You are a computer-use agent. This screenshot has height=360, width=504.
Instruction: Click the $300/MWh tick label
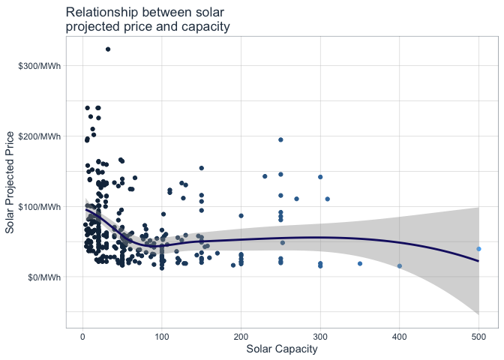point(40,66)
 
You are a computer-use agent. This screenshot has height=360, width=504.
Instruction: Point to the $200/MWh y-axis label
point(40,136)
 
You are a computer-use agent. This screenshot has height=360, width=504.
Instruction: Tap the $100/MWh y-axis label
point(40,206)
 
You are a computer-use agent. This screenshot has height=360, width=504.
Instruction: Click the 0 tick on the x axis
point(82,337)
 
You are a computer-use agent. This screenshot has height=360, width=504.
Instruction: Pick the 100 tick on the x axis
point(162,337)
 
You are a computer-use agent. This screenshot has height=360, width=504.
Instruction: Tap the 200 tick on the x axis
point(241,337)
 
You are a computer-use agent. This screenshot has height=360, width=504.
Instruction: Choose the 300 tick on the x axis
point(320,337)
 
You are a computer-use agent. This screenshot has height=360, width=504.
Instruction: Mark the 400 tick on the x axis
point(400,337)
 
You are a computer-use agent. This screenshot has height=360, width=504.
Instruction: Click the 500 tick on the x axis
point(478,337)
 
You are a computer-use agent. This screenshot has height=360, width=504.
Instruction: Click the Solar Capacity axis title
point(280,349)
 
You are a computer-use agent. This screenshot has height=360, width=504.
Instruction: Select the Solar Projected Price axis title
point(10,181)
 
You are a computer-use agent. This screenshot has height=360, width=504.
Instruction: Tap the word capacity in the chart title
point(202,27)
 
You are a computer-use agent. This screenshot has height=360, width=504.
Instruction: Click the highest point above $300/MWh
point(108,49)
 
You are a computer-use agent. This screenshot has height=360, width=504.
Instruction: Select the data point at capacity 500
point(478,249)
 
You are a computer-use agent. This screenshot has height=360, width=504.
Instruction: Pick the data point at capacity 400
point(400,265)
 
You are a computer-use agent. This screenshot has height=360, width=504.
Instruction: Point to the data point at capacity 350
point(360,263)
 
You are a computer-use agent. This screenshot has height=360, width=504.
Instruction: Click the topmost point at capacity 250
point(280,139)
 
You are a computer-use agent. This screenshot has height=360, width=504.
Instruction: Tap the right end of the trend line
point(478,261)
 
